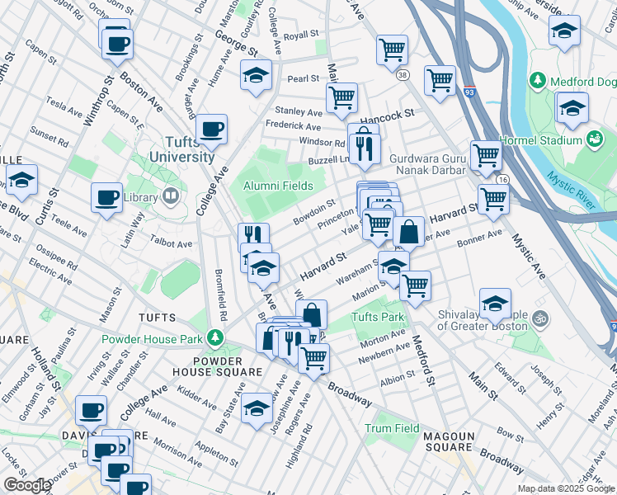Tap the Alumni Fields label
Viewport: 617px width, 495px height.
click(x=278, y=186)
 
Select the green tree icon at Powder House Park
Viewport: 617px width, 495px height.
click(x=215, y=338)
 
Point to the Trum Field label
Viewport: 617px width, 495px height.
click(x=393, y=428)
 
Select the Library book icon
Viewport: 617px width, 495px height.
click(x=170, y=196)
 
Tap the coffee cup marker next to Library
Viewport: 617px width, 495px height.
click(x=106, y=198)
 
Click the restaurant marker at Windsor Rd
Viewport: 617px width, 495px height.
click(x=363, y=148)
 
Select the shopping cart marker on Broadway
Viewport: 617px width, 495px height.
click(x=313, y=358)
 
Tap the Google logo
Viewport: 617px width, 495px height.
click(x=27, y=485)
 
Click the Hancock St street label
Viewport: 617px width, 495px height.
click(x=386, y=116)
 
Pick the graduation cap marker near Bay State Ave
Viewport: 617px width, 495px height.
click(x=257, y=409)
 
